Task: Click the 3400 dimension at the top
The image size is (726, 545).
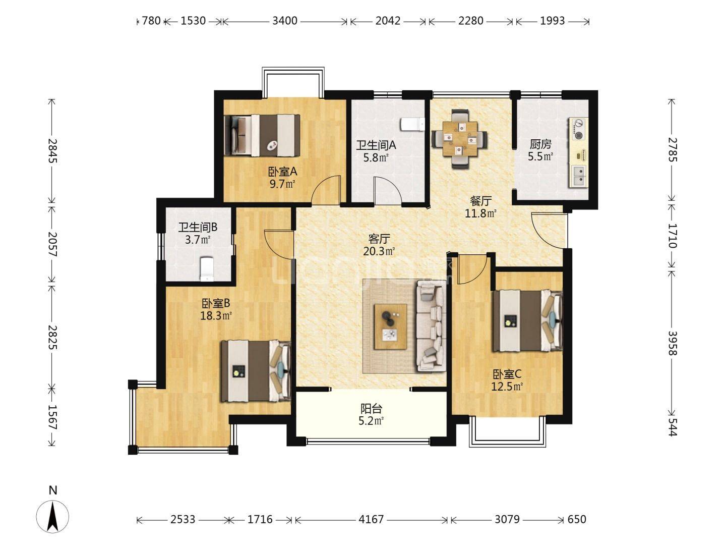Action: pos(285,21)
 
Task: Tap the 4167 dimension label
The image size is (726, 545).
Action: pos(371,519)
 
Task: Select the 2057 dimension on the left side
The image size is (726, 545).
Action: pos(52,244)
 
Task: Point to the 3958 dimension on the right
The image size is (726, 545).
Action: pos(673,343)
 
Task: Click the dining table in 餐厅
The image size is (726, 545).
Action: pos(459,139)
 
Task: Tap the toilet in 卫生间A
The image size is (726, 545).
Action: pos(412,125)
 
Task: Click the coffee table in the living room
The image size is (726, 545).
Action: pos(390,326)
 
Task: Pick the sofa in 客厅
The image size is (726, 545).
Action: pos(431,326)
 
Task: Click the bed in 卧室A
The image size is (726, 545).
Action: pos(262,135)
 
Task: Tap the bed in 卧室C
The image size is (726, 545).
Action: pos(527,320)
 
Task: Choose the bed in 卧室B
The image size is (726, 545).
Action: pos(256,371)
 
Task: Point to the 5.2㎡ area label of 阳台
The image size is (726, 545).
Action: pos(371,421)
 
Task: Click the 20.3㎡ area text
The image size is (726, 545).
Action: pos(379,251)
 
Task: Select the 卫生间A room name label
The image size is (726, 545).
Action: pos(376,145)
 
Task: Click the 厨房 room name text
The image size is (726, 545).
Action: pos(540,144)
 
